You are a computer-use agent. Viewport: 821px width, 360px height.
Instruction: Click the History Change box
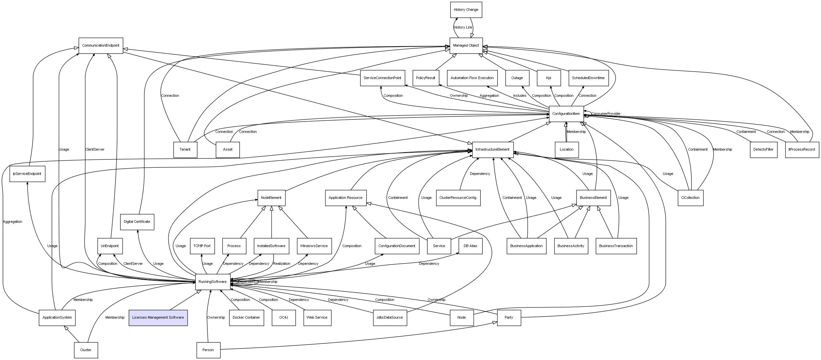tap(466, 10)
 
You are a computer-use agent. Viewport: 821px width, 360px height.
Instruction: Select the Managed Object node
tap(466, 46)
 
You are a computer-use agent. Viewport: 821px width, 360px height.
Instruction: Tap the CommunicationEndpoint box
tap(101, 46)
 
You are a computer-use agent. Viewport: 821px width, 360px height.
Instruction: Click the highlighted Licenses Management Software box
tap(158, 318)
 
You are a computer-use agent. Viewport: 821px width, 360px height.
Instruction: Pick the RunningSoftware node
tap(213, 282)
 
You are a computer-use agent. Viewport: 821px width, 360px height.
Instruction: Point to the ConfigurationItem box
tap(566, 114)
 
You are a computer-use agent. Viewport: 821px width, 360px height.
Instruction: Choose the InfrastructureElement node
tap(493, 150)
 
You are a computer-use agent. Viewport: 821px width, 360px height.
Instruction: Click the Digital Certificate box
tap(137, 222)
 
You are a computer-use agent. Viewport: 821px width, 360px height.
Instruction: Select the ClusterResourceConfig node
tap(458, 198)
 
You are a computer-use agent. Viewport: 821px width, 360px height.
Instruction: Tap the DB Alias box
tap(471, 246)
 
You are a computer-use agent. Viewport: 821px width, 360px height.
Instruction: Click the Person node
tap(208, 350)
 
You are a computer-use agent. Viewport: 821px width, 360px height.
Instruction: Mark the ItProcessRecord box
tap(802, 150)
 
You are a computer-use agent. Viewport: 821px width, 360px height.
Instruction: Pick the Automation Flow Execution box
tap(472, 78)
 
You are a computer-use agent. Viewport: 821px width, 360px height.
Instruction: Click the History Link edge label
tap(463, 28)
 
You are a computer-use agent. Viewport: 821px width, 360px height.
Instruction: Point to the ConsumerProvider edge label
tap(606, 114)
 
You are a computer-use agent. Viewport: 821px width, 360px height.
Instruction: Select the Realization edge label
tap(282, 264)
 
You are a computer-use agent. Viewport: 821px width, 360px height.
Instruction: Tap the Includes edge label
tap(520, 96)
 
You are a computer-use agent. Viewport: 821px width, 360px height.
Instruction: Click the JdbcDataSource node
tap(390, 318)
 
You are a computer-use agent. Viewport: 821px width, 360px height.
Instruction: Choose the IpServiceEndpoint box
tap(27, 174)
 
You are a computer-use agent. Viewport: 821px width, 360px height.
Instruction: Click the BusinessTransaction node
tap(616, 246)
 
